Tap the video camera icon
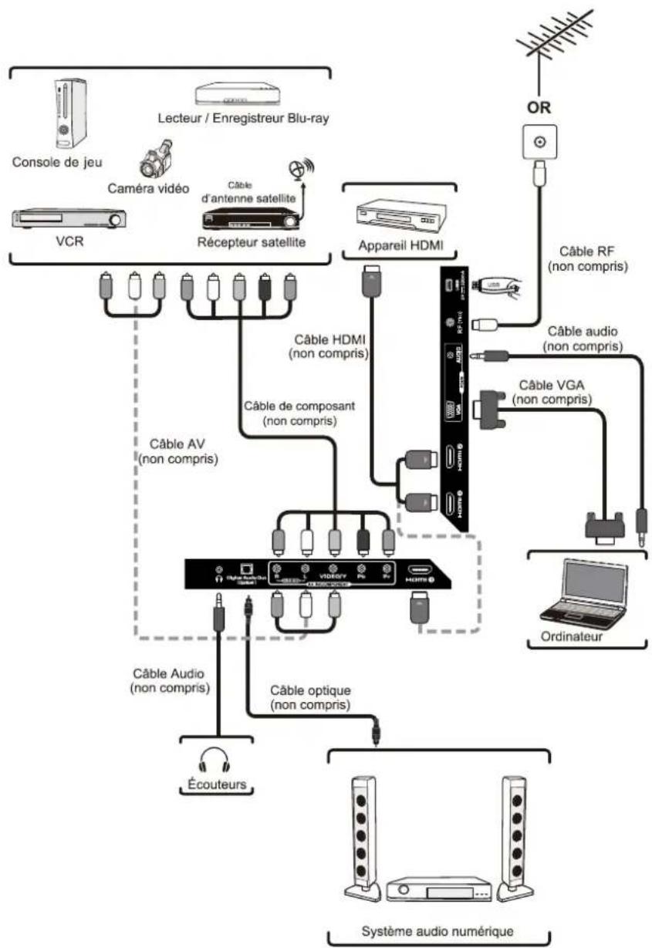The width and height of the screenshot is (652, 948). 156,158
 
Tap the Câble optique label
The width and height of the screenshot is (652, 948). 309,697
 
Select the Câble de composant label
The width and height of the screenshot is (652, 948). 294,413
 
